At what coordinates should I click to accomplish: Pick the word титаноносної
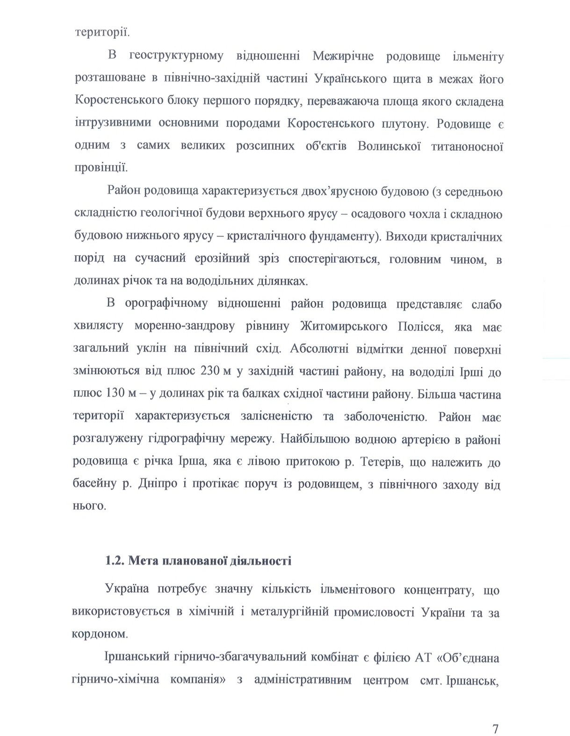[468, 146]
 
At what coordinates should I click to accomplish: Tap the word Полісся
[419, 326]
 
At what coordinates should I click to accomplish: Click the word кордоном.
[100, 634]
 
